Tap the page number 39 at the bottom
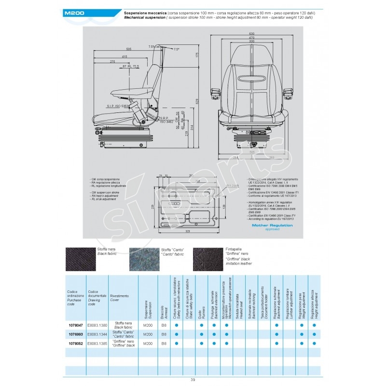[x=193, y=380]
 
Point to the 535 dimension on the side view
[x=129, y=49]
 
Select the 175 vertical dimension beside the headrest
[x=197, y=55]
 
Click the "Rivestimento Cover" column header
[x=119, y=298]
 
